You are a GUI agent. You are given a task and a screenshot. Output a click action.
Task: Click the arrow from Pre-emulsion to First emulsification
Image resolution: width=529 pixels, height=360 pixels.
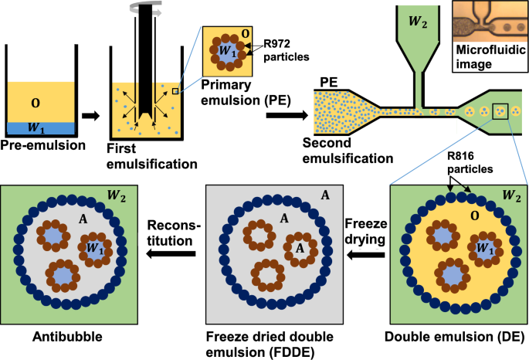click(x=90, y=116)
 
